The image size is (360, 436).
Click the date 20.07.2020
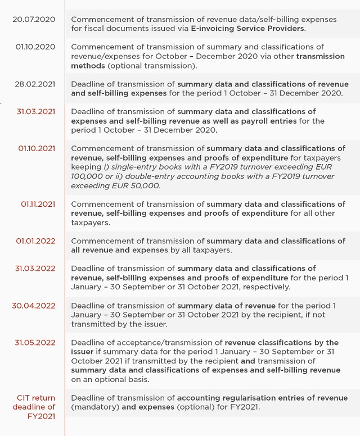coord(35,19)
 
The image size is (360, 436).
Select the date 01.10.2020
coord(35,47)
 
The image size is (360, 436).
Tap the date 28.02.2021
coord(35,84)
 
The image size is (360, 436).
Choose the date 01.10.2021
coord(37,148)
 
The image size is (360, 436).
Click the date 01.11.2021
coord(38,204)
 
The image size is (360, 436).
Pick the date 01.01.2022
coord(35,241)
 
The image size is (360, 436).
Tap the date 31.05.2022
coord(35,343)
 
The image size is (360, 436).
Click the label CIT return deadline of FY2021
coord(35,407)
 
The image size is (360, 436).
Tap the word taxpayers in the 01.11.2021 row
coord(90,222)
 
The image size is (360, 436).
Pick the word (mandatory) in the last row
coord(95,407)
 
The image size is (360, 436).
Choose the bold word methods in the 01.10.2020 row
coord(86,66)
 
